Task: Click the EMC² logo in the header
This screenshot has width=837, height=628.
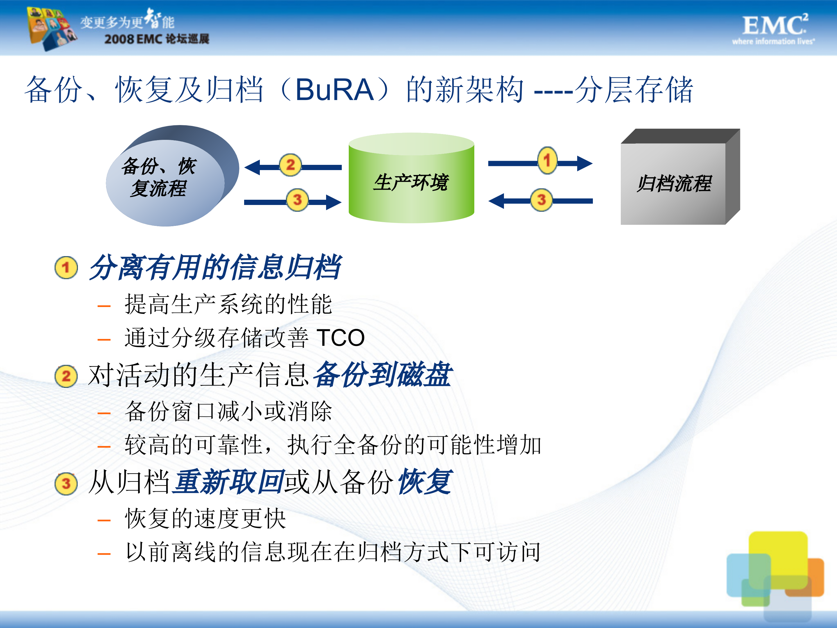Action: click(x=774, y=29)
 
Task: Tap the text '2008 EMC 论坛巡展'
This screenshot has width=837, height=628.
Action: click(x=157, y=39)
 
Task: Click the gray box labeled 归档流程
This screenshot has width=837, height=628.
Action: click(x=674, y=183)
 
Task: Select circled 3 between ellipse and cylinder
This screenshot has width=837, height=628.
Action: click(x=297, y=199)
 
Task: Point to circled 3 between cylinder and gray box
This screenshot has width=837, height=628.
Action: click(x=541, y=199)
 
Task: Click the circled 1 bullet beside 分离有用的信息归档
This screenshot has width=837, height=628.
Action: click(x=66, y=268)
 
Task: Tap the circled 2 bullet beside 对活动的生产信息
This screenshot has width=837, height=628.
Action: click(x=66, y=376)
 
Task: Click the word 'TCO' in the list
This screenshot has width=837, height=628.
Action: click(x=341, y=338)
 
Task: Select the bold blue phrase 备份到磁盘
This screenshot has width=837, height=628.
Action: click(x=382, y=375)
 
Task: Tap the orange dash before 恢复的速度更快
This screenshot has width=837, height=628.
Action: click(x=104, y=520)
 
